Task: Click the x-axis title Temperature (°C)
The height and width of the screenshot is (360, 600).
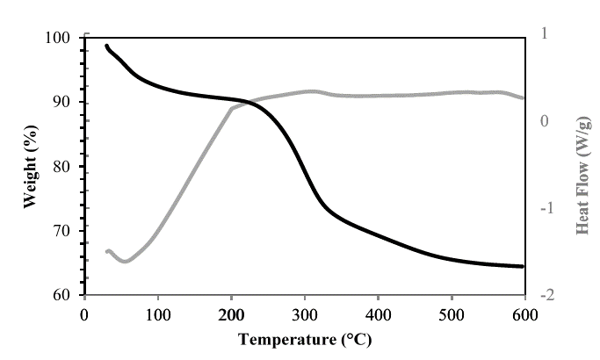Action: [305, 338]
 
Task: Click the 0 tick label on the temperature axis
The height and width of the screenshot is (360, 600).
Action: [84, 313]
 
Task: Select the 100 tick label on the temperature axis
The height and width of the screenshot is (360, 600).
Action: [158, 313]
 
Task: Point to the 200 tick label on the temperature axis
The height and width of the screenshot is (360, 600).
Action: [231, 313]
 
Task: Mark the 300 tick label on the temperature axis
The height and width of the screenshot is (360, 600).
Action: [305, 313]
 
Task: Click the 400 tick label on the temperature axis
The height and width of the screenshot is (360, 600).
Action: [378, 313]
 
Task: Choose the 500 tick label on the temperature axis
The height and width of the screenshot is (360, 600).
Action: [452, 313]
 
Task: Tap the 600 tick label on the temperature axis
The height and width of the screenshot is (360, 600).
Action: [524, 313]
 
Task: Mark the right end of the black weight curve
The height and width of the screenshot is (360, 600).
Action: [523, 266]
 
